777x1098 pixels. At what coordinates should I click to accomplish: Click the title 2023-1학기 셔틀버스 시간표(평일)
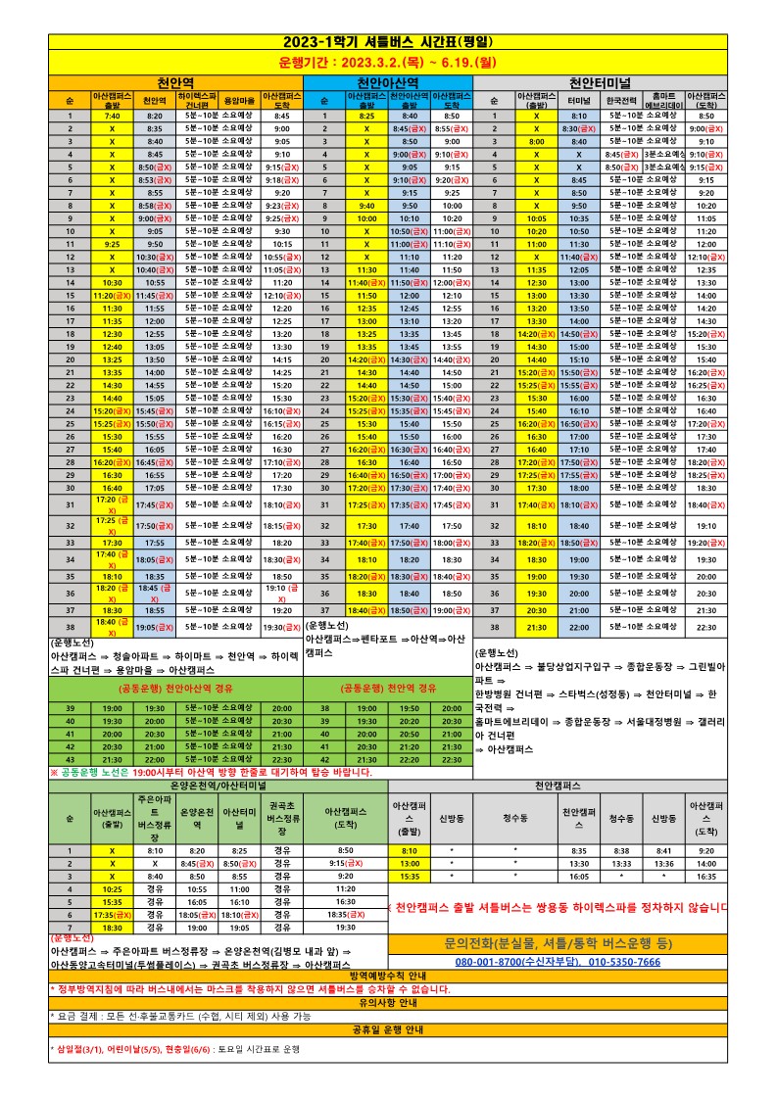pos(388,42)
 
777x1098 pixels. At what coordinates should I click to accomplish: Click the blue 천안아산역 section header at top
pos(388,81)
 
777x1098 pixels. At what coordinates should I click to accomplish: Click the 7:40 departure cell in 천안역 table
pos(112,116)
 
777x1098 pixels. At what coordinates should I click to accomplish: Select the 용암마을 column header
pos(240,101)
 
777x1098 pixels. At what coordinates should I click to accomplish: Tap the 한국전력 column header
pos(622,101)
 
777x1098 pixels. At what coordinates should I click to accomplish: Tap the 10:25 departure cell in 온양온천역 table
pos(112,888)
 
